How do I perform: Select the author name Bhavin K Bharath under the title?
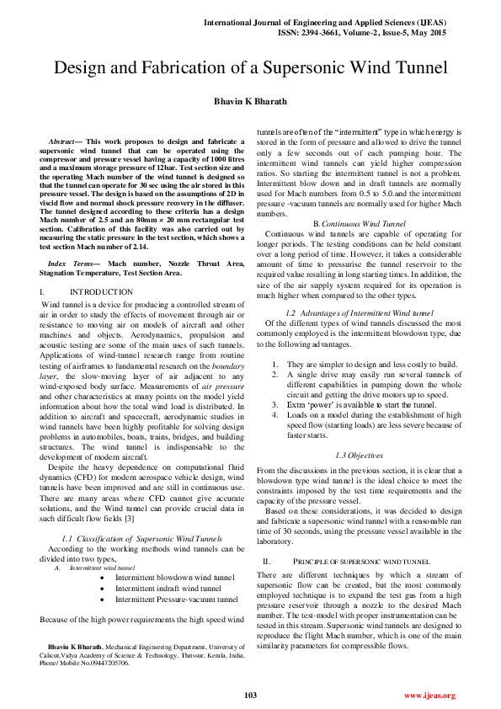(x=250, y=101)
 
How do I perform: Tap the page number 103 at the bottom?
(x=250, y=695)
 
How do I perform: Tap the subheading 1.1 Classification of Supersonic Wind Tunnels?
(x=142, y=538)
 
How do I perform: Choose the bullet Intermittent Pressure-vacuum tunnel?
(x=176, y=600)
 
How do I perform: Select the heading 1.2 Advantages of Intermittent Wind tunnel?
(x=359, y=312)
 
